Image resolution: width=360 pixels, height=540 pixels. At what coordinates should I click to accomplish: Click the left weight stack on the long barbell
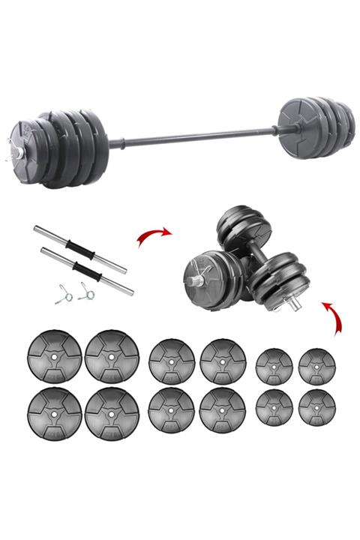click(64, 148)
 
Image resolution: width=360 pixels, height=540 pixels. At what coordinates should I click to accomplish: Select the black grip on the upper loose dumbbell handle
click(78, 247)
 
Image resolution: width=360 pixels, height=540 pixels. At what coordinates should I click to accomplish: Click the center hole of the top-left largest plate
click(54, 355)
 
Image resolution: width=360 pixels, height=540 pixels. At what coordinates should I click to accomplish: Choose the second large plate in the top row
click(112, 355)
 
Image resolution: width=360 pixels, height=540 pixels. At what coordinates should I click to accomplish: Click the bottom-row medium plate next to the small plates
click(223, 409)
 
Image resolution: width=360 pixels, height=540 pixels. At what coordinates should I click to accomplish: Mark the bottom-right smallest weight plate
click(316, 406)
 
